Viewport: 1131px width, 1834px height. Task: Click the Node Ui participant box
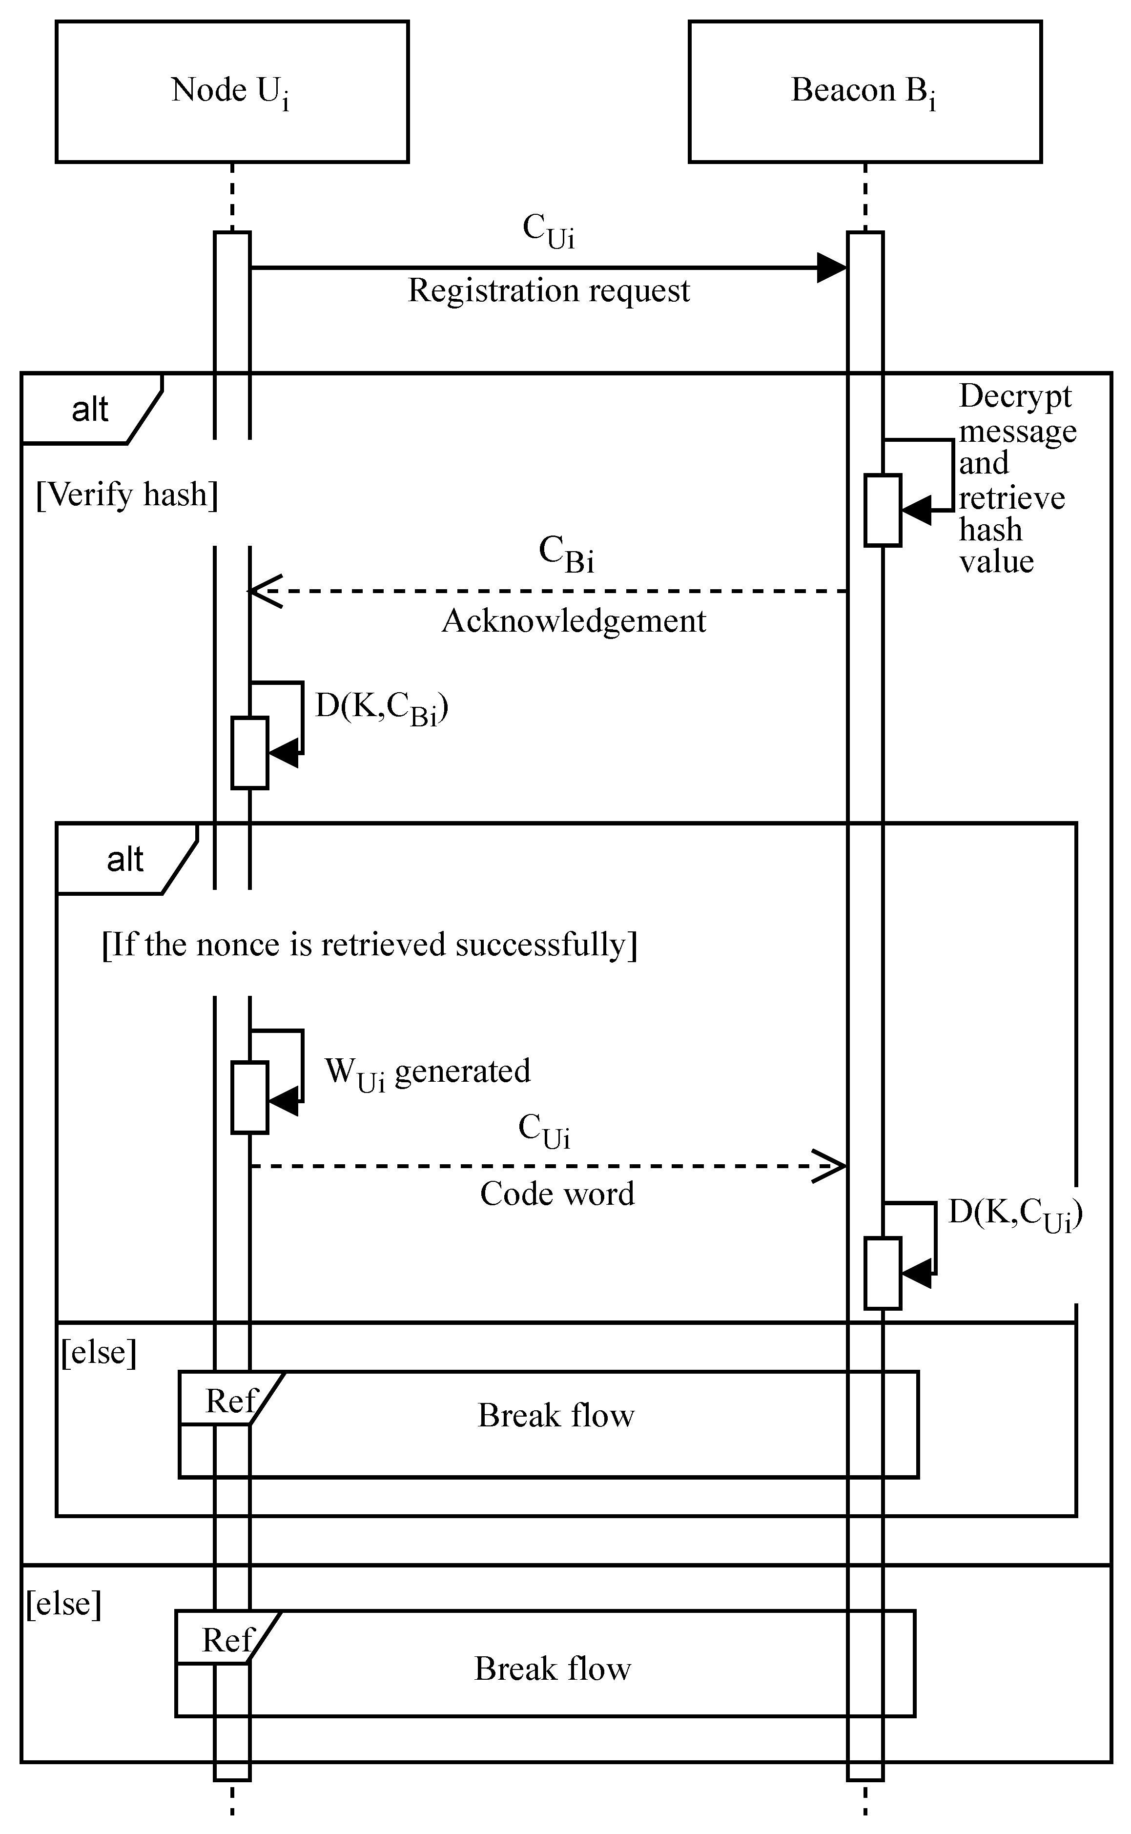click(x=232, y=91)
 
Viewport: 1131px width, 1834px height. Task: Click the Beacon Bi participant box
click(x=864, y=91)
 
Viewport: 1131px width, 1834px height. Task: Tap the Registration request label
click(x=548, y=290)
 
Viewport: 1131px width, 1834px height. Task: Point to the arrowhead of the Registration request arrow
click(x=832, y=268)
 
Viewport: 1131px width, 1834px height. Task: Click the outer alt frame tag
click(x=90, y=409)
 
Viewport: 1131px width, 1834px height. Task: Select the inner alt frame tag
click(x=125, y=860)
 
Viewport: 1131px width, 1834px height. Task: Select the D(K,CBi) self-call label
click(x=382, y=707)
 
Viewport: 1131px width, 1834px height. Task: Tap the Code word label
click(x=557, y=1194)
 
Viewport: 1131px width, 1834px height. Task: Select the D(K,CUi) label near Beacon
click(x=1015, y=1213)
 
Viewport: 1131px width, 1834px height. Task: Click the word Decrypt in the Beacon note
click(x=1015, y=396)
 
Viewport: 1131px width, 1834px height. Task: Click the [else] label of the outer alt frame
click(x=63, y=1604)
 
